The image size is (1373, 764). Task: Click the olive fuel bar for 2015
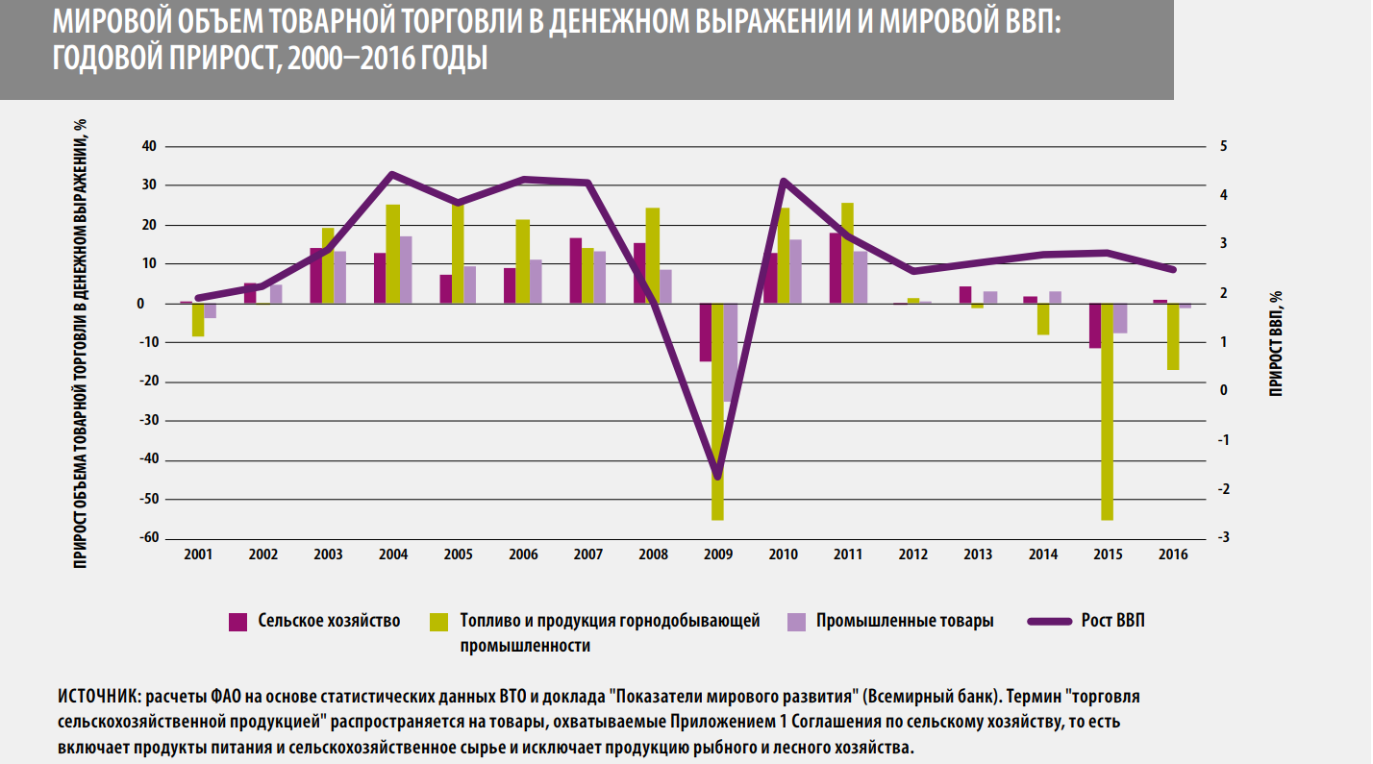[1107, 411]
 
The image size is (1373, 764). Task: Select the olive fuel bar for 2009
[717, 411]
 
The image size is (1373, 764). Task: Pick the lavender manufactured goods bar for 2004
[406, 270]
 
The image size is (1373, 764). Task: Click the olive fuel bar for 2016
[1172, 336]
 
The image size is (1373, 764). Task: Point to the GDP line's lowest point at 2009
[717, 477]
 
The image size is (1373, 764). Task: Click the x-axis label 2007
[587, 555]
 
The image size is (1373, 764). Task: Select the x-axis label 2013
[977, 555]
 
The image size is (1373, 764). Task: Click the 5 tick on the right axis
[1223, 147]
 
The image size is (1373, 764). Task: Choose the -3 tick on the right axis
[1222, 538]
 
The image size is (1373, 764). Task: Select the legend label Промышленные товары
[905, 621]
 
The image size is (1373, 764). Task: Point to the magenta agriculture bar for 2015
[1094, 326]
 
